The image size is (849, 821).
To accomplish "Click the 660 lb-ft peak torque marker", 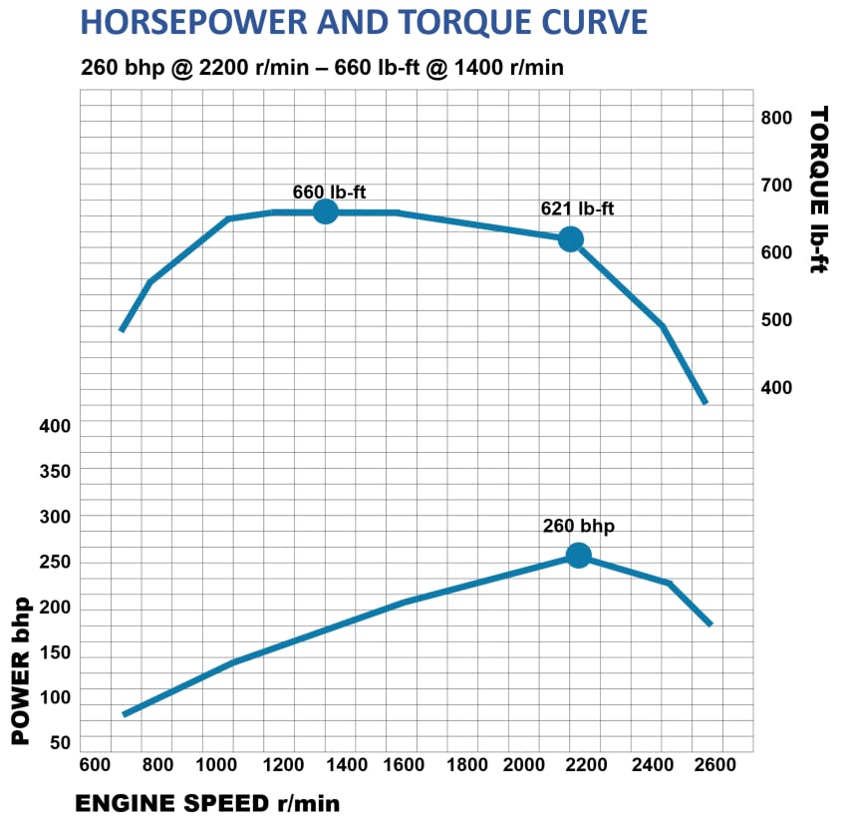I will [325, 211].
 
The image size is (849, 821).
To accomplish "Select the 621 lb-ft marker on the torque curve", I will [570, 239].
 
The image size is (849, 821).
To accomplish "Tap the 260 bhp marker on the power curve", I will [578, 556].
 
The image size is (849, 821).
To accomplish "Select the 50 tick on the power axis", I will [60, 743].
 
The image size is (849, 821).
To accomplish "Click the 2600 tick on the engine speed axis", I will [714, 765].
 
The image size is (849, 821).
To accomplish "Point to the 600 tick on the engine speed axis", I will [95, 765].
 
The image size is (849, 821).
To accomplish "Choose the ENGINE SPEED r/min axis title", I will [207, 803].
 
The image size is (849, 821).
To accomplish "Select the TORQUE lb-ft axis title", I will [819, 190].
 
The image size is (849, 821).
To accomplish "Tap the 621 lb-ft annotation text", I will [577, 209].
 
